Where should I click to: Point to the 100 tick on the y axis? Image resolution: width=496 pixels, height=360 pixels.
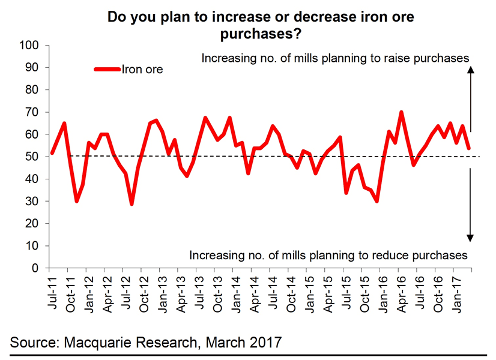(30, 46)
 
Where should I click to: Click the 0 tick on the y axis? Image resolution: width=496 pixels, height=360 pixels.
(35, 268)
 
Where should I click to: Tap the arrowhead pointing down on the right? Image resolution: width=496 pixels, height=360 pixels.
(471, 238)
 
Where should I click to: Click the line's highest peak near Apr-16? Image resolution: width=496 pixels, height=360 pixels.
(401, 112)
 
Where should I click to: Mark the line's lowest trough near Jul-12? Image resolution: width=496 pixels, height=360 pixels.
(132, 204)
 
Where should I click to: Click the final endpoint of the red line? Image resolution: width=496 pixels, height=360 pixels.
(468, 148)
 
